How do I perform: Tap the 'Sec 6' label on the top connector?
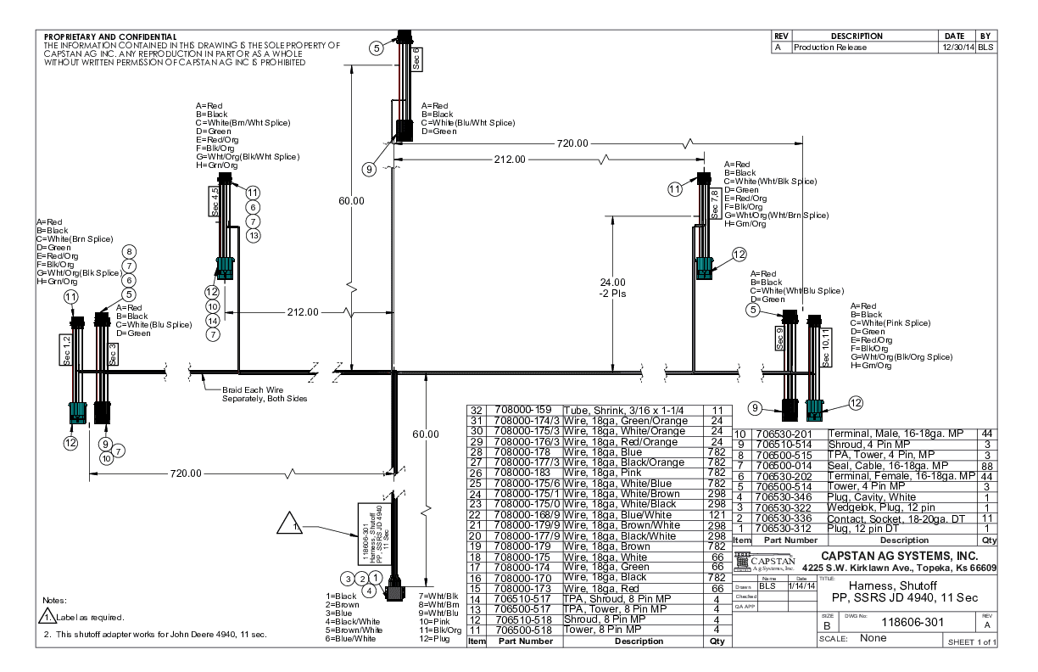[x=416, y=58]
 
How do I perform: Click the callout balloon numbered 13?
[x=253, y=235]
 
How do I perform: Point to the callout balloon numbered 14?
[x=212, y=321]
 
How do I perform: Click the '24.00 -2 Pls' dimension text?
[x=612, y=288]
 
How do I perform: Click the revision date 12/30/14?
[x=956, y=48]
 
